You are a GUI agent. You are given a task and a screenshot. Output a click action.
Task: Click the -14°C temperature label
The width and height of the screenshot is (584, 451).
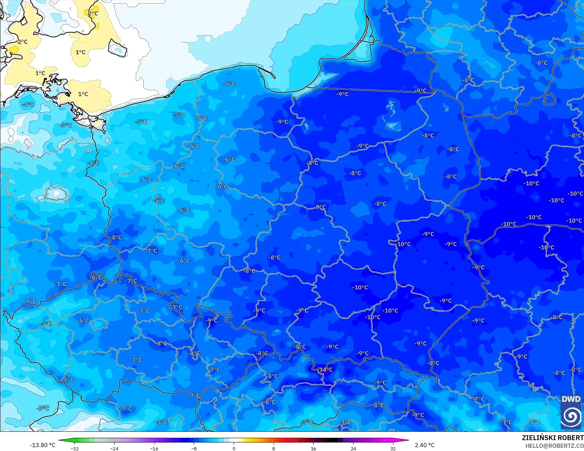(x=325, y=370)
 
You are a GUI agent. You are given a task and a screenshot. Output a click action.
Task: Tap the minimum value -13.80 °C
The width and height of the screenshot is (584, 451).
(x=42, y=445)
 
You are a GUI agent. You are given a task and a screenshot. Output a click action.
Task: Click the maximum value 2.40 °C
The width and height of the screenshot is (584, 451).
(x=425, y=445)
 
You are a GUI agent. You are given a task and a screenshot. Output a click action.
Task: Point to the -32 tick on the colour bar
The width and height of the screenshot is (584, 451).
(x=74, y=448)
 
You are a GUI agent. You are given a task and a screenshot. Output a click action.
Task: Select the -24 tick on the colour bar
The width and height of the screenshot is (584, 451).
(x=114, y=448)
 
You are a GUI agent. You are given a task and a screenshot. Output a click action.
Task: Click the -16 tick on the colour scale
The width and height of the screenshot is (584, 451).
(x=154, y=448)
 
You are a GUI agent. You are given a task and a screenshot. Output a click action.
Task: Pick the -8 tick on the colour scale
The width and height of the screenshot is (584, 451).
(x=194, y=448)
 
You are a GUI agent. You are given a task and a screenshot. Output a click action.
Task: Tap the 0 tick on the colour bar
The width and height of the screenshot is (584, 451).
(x=234, y=448)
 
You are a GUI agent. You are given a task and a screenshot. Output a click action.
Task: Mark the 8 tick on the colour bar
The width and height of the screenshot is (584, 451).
(x=274, y=448)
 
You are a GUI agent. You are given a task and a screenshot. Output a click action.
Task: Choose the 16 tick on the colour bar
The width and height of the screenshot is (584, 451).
(x=313, y=448)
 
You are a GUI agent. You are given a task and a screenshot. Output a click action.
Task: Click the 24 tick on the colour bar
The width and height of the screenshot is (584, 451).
(x=353, y=448)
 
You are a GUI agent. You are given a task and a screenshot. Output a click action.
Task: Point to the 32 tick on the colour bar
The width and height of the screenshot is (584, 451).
(x=393, y=448)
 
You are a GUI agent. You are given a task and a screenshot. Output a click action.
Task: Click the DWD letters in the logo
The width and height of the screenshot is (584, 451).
(x=571, y=399)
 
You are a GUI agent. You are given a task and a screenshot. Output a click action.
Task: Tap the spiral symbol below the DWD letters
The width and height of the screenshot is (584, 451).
(x=571, y=416)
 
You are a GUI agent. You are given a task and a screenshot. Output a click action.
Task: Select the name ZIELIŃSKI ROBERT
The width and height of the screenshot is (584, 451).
(x=552, y=438)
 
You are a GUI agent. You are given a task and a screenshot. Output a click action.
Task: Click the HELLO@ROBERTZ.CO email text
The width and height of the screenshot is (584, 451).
(x=554, y=446)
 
